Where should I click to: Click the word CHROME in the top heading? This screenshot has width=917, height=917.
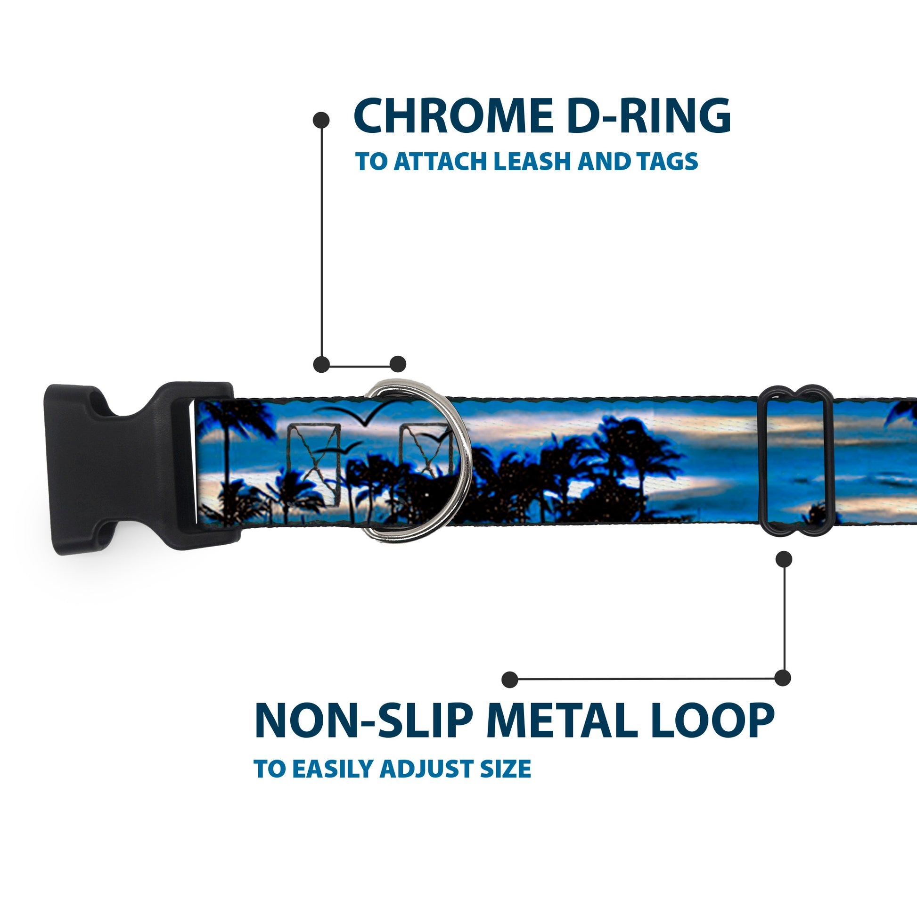(x=453, y=117)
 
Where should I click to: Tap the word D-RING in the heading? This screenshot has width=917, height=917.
(x=648, y=117)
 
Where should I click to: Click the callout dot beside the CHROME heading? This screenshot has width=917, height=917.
(x=321, y=120)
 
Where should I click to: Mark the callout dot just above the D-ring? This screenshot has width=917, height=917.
(x=398, y=365)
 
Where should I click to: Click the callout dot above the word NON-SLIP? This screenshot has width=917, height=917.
(x=510, y=679)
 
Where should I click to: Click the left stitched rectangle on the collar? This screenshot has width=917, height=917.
(x=314, y=451)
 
